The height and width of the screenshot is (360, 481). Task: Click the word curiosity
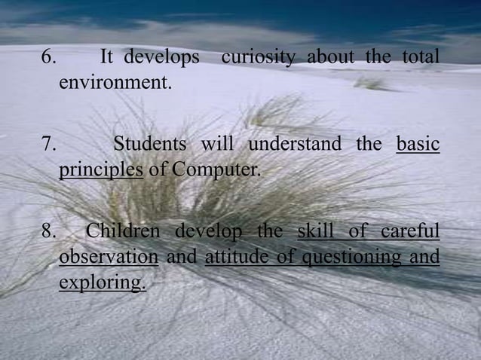tap(256, 57)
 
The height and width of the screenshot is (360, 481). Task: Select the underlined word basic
tap(418, 144)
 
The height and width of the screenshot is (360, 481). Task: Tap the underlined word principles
tap(101, 167)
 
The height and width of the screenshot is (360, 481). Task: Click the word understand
tap(295, 144)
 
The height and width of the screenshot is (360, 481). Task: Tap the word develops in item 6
tap(161, 58)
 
